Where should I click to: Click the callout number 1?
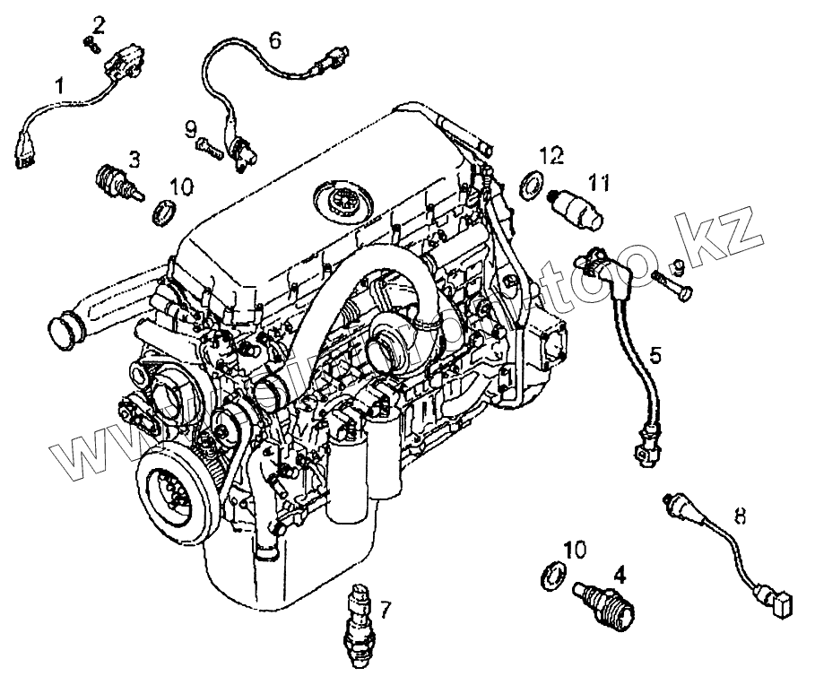point(60,87)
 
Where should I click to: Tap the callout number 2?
point(99,22)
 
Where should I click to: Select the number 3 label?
point(134,160)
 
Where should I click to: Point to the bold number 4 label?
point(619,568)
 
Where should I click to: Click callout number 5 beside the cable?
point(656,355)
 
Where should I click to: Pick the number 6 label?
point(274,39)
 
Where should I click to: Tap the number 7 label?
point(385,611)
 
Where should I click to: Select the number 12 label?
point(551,156)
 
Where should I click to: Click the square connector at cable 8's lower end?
point(783,607)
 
